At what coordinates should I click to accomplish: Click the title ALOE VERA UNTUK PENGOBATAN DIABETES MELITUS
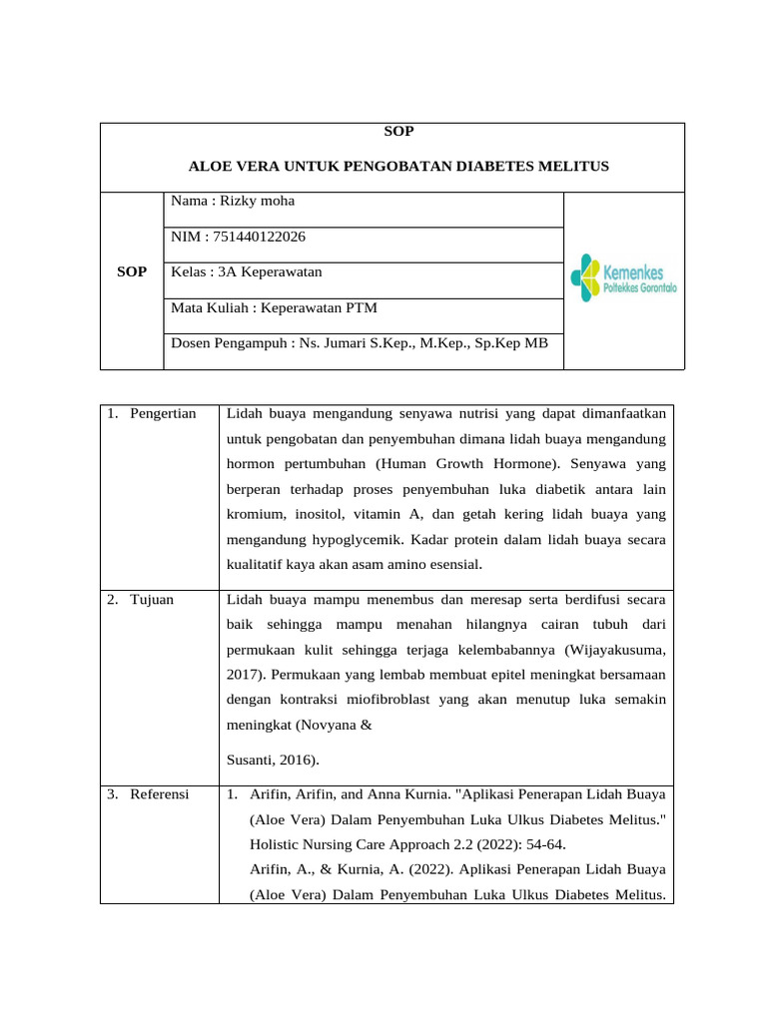(x=398, y=165)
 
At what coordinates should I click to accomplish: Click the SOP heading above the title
(x=398, y=131)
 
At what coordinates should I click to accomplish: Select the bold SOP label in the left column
(x=131, y=271)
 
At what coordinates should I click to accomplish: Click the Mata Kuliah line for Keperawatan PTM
(x=274, y=307)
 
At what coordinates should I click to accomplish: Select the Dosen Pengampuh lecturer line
(x=360, y=343)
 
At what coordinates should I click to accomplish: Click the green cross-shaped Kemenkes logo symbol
(x=585, y=278)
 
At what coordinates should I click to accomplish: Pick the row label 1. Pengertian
(x=151, y=413)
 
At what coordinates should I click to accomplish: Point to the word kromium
(x=256, y=513)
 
